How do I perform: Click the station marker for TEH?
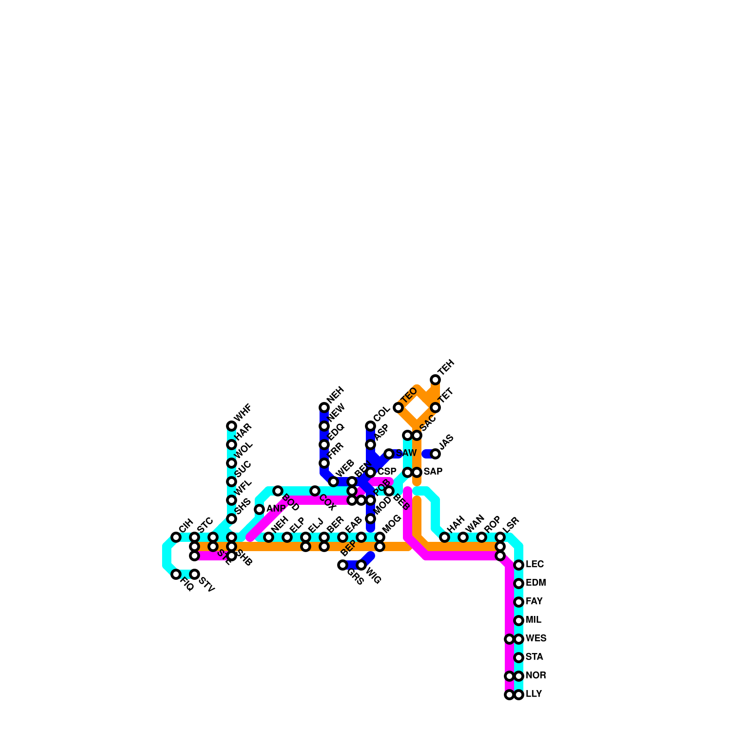(x=435, y=380)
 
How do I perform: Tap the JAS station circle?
(x=435, y=454)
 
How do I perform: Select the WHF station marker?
(x=232, y=426)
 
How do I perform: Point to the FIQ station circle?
(x=176, y=574)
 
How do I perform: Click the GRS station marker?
(x=343, y=565)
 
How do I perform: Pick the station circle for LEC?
(x=519, y=565)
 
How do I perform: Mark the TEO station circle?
(x=398, y=408)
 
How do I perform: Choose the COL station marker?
(x=370, y=426)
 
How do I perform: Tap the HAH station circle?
(x=445, y=537)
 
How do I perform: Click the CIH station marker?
(x=176, y=537)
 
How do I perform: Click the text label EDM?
(x=536, y=583)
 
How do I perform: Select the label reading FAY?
(x=534, y=602)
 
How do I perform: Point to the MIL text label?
(x=534, y=620)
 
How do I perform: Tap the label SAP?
(x=433, y=472)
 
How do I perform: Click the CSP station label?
(x=387, y=472)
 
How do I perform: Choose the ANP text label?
(x=276, y=509)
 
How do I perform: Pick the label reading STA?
(x=534, y=657)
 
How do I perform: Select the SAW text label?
(x=406, y=453)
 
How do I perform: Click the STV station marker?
(x=195, y=574)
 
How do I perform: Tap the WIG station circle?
(x=361, y=565)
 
